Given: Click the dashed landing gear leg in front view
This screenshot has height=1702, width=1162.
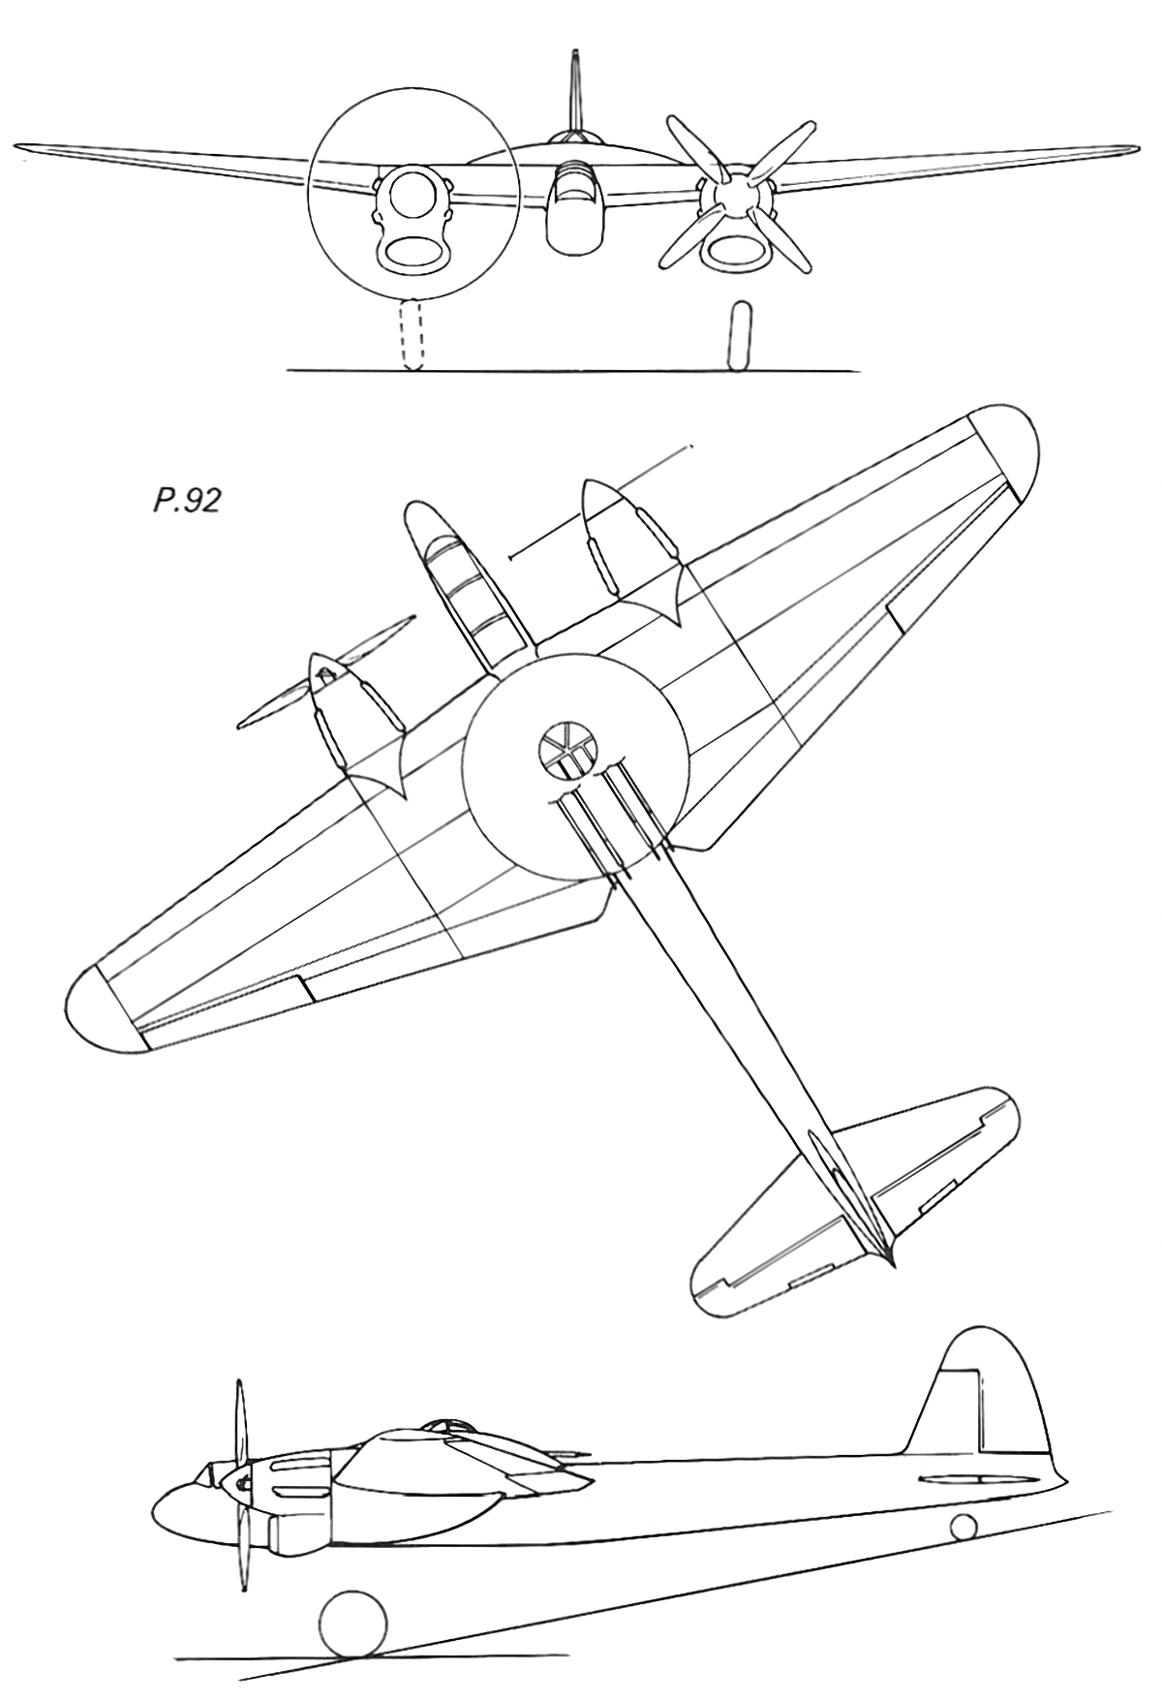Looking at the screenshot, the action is (x=412, y=333).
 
